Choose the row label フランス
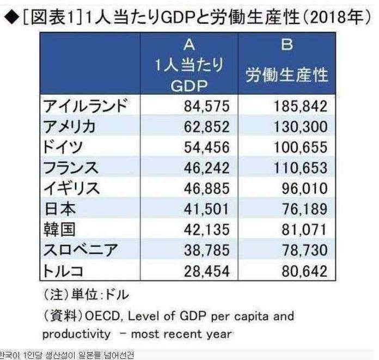[x=70, y=167]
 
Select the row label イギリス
[x=71, y=188]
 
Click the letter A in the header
[x=189, y=45]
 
